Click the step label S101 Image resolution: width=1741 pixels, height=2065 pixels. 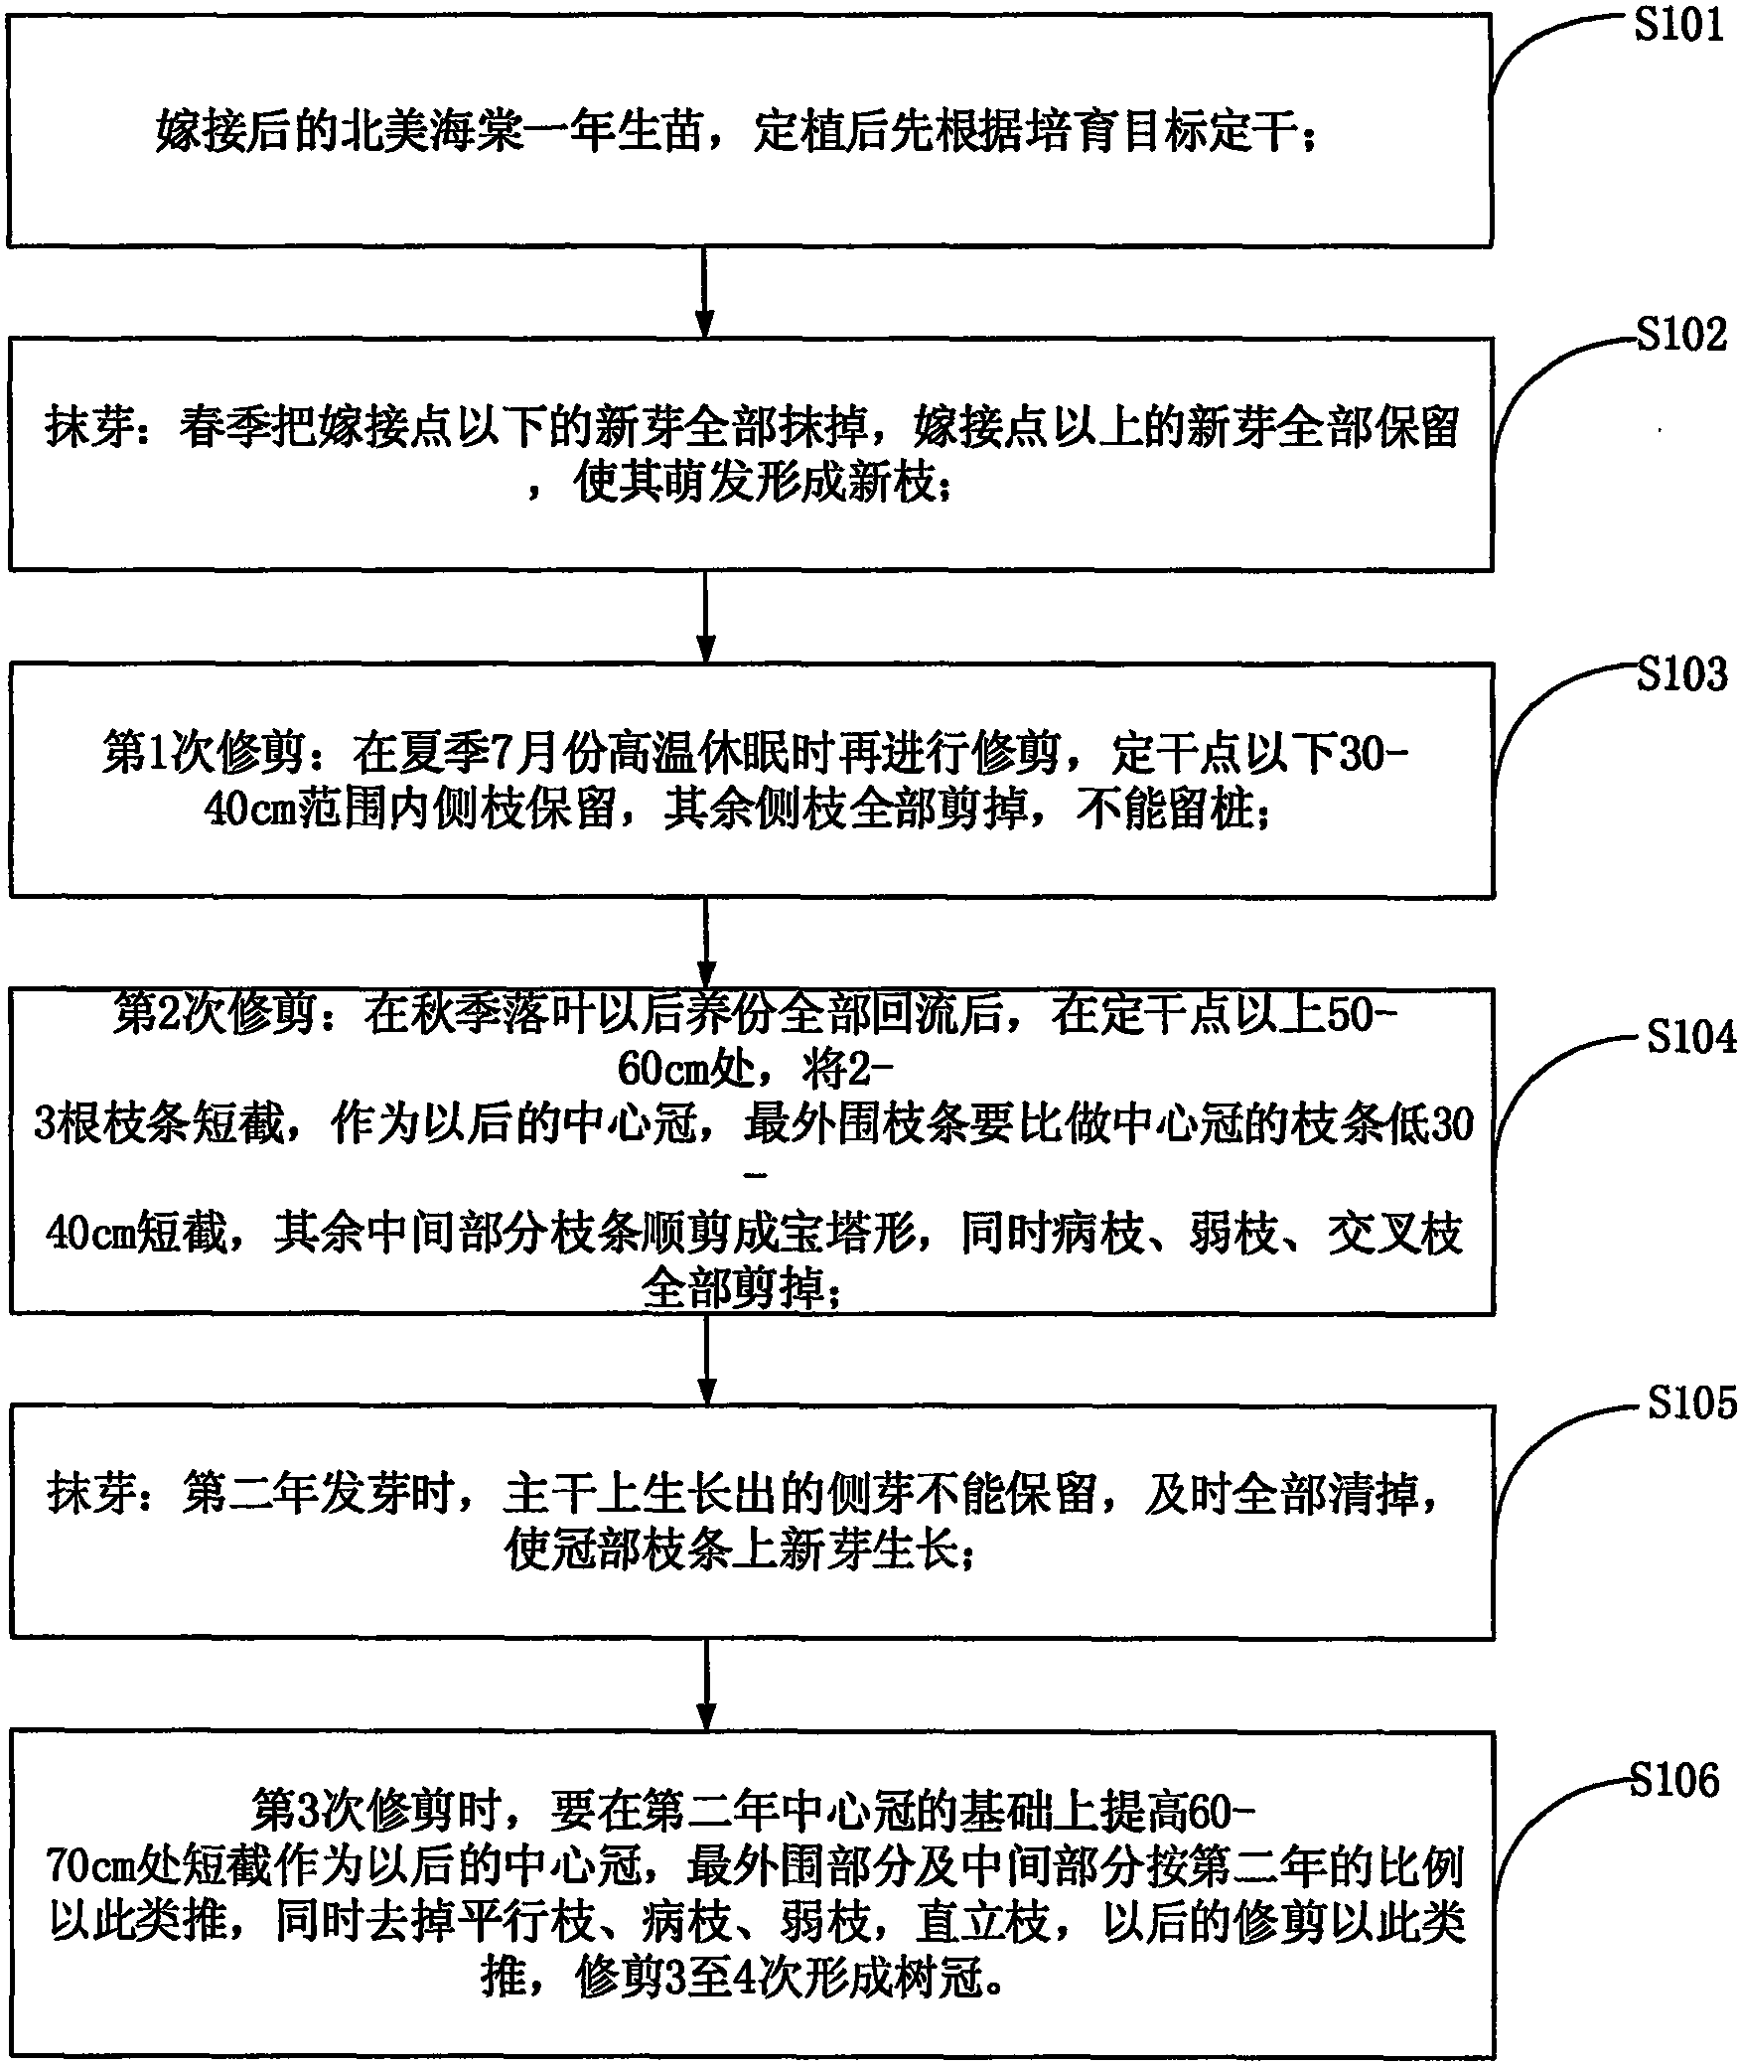click(1678, 25)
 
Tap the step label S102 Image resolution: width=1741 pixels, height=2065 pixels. click(1681, 335)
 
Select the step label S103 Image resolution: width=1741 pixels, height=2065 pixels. click(1681, 674)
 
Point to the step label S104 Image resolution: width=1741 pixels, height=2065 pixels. click(1691, 1038)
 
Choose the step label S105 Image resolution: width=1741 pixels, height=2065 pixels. click(1691, 1403)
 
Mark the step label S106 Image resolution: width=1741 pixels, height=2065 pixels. click(1675, 1781)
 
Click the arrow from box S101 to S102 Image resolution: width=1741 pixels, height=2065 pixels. click(704, 292)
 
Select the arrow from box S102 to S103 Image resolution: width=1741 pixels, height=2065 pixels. click(705, 617)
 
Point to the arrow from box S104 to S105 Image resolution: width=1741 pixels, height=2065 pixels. click(706, 1360)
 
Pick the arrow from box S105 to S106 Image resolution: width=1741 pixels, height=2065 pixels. click(706, 1685)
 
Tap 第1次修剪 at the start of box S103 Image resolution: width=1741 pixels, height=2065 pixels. click(202, 757)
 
